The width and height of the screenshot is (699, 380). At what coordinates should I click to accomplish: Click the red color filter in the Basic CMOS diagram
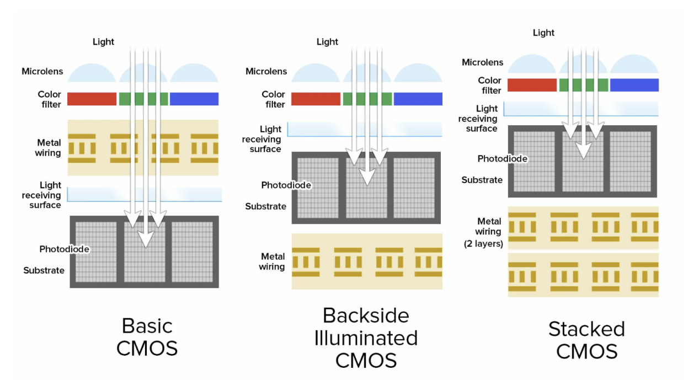[x=92, y=99]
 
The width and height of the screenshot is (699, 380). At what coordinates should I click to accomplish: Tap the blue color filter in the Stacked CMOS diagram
[x=634, y=85]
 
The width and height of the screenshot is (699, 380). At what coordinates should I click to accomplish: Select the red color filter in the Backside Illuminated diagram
[x=316, y=99]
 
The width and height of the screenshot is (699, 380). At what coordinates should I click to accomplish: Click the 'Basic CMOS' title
[x=147, y=337]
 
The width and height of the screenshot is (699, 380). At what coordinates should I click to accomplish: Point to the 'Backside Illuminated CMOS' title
[x=366, y=338]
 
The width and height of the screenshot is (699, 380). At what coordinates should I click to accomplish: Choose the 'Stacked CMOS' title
[x=586, y=340]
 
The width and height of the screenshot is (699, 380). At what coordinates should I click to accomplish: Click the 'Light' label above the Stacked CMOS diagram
[x=543, y=33]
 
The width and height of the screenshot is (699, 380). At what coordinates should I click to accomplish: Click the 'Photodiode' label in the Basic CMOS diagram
[x=65, y=249]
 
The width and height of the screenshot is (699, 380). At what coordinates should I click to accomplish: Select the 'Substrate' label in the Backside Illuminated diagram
[x=265, y=206]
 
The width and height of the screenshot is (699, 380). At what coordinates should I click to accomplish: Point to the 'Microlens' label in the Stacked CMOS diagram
[x=482, y=62]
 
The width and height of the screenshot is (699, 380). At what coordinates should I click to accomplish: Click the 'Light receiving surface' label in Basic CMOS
[x=41, y=195]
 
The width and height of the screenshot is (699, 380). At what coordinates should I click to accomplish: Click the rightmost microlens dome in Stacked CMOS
[x=634, y=65]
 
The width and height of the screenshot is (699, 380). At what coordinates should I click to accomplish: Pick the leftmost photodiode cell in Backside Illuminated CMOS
[x=318, y=188]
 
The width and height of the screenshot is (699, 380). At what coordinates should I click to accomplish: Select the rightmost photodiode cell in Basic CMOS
[x=192, y=252]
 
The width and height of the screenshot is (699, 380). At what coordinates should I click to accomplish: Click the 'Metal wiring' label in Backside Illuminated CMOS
[x=272, y=261]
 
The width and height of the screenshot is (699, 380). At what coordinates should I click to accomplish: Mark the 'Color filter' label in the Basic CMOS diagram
[x=49, y=99]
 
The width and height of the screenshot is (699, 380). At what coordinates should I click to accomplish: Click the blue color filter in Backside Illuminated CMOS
[x=418, y=99]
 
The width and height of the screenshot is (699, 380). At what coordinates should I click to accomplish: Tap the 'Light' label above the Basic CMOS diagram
[x=103, y=42]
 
